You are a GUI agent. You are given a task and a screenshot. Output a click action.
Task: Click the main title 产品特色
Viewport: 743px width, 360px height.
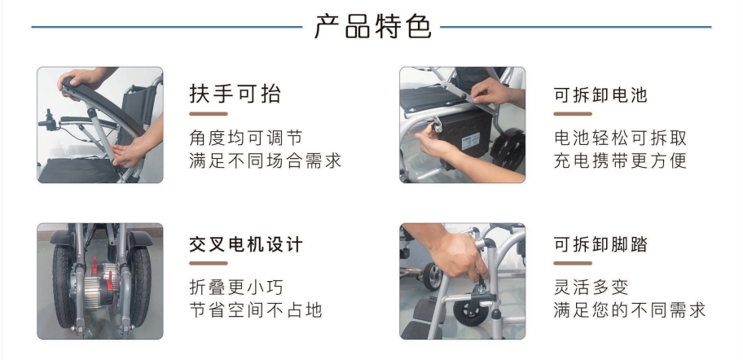(x=373, y=27)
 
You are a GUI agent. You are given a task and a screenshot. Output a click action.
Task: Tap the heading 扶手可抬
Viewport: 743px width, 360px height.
(x=235, y=94)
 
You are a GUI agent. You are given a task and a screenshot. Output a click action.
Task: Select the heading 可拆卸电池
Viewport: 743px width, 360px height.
(x=600, y=94)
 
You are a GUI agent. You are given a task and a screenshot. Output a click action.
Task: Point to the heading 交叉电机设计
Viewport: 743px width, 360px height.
(x=245, y=244)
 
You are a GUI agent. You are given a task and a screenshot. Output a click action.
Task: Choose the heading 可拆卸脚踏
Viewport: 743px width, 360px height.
(x=600, y=244)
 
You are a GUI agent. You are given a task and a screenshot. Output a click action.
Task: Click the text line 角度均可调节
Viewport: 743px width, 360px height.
(x=245, y=138)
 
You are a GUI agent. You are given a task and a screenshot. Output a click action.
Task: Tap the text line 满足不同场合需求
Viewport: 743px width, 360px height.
(x=265, y=160)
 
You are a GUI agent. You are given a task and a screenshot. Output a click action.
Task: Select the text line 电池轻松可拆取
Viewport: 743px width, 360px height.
(x=620, y=138)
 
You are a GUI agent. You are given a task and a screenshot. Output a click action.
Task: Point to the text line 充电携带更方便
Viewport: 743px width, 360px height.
(x=620, y=160)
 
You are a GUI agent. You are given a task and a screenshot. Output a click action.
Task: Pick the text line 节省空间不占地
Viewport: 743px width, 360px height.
(x=256, y=310)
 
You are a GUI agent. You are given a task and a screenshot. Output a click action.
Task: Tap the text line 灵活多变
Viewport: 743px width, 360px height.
(x=591, y=287)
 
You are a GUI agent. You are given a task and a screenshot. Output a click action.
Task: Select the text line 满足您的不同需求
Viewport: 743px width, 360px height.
(x=629, y=310)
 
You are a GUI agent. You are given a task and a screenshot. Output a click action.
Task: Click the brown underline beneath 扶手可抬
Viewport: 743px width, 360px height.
(x=209, y=114)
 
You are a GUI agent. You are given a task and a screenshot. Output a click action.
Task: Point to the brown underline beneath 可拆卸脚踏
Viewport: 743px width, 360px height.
(x=573, y=263)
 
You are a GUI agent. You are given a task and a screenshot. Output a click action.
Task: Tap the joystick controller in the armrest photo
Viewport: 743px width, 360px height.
(x=48, y=120)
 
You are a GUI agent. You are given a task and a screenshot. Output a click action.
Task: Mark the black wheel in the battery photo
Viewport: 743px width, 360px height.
(x=508, y=151)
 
